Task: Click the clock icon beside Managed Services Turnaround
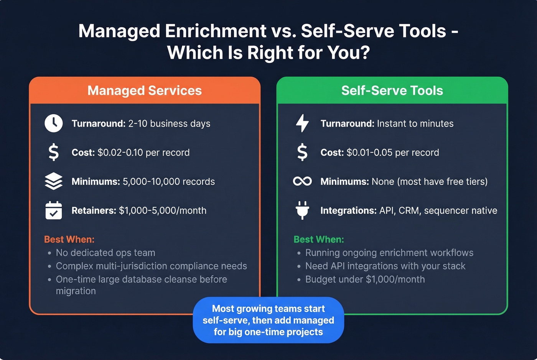tap(54, 123)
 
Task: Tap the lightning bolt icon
tap(302, 123)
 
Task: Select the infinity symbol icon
tap(302, 181)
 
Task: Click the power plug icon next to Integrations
tap(302, 210)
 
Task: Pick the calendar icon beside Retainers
tap(54, 210)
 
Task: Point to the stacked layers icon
tap(54, 181)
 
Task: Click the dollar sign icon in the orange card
tap(54, 152)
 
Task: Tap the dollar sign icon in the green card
tap(302, 152)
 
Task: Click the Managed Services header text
tap(145, 90)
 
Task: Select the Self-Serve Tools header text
tap(392, 90)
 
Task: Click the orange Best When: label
tap(69, 239)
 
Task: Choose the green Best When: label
tap(319, 239)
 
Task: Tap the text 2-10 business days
tap(169, 123)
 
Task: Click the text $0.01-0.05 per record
tap(393, 152)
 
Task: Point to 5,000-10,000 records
tap(169, 181)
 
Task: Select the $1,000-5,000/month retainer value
tap(163, 210)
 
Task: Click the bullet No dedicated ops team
tap(105, 253)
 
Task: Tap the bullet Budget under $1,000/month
tap(365, 279)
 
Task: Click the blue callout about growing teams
tap(268, 320)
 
